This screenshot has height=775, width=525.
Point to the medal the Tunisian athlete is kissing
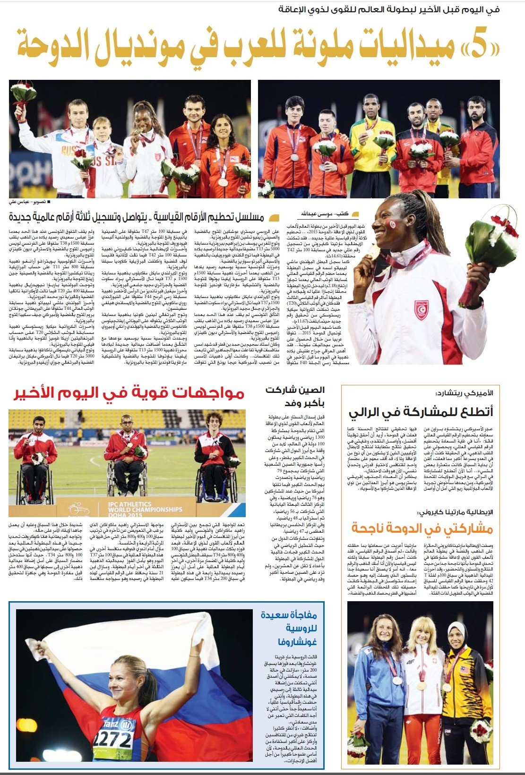coord(374,251)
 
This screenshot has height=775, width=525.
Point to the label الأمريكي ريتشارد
coord(465,393)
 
